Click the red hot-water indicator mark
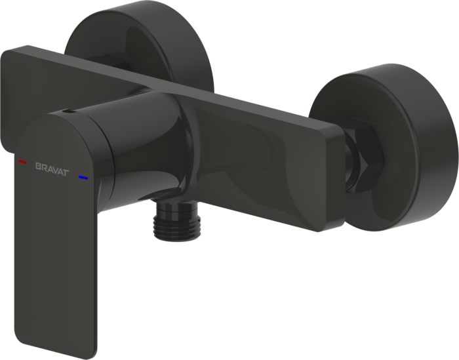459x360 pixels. point(22,161)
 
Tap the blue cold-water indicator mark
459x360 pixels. point(83,177)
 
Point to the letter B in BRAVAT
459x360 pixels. point(38,167)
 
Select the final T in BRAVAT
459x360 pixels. point(66,172)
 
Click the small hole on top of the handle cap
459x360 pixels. point(69,111)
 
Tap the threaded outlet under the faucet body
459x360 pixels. point(175,222)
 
